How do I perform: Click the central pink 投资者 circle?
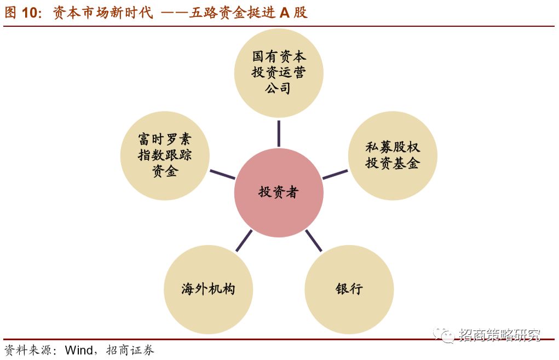(x=279, y=193)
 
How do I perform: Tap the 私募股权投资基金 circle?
(x=393, y=155)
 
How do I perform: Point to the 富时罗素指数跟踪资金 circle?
(x=165, y=155)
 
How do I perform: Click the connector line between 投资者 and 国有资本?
(x=279, y=133)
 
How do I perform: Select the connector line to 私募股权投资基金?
(x=335, y=175)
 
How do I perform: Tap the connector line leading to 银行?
(x=313, y=240)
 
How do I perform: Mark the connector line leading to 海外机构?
(x=244, y=240)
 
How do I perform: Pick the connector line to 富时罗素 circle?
(x=222, y=175)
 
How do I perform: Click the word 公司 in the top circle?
(x=279, y=88)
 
